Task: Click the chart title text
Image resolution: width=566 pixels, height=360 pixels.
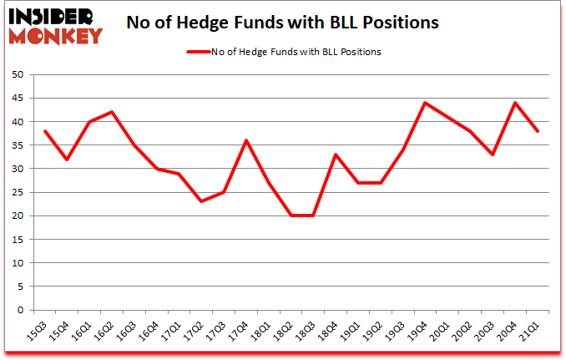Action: click(282, 23)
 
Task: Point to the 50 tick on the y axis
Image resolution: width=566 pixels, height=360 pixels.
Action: click(16, 75)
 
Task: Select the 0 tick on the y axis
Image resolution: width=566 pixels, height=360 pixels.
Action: click(19, 311)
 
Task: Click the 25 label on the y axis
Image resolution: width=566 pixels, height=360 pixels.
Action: click(16, 193)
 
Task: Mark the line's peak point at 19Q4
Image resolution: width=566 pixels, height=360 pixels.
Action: click(425, 103)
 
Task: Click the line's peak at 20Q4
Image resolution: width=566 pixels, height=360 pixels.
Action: click(515, 103)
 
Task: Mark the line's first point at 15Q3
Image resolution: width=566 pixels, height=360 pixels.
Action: click(43, 131)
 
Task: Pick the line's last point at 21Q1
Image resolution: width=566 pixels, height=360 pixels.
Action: click(538, 131)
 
